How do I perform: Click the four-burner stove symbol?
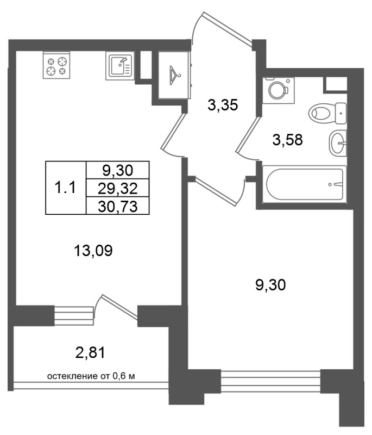tap(56, 65)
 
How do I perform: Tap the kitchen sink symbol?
tap(119, 66)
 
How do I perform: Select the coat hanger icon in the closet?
tap(174, 72)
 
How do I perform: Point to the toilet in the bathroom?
tap(327, 113)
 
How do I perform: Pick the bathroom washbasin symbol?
tap(338, 143)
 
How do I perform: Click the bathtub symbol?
tap(304, 184)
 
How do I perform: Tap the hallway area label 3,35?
tap(223, 105)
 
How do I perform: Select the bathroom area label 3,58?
tap(287, 140)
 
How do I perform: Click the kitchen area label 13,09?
tap(93, 251)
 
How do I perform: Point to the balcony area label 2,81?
tap(90, 353)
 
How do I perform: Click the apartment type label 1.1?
tap(65, 188)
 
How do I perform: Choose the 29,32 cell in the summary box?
tap(118, 189)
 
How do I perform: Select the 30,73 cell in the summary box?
tap(118, 207)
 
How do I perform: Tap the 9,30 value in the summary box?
tap(118, 171)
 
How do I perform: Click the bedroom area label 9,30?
tap(270, 285)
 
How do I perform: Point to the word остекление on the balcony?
tap(72, 376)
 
